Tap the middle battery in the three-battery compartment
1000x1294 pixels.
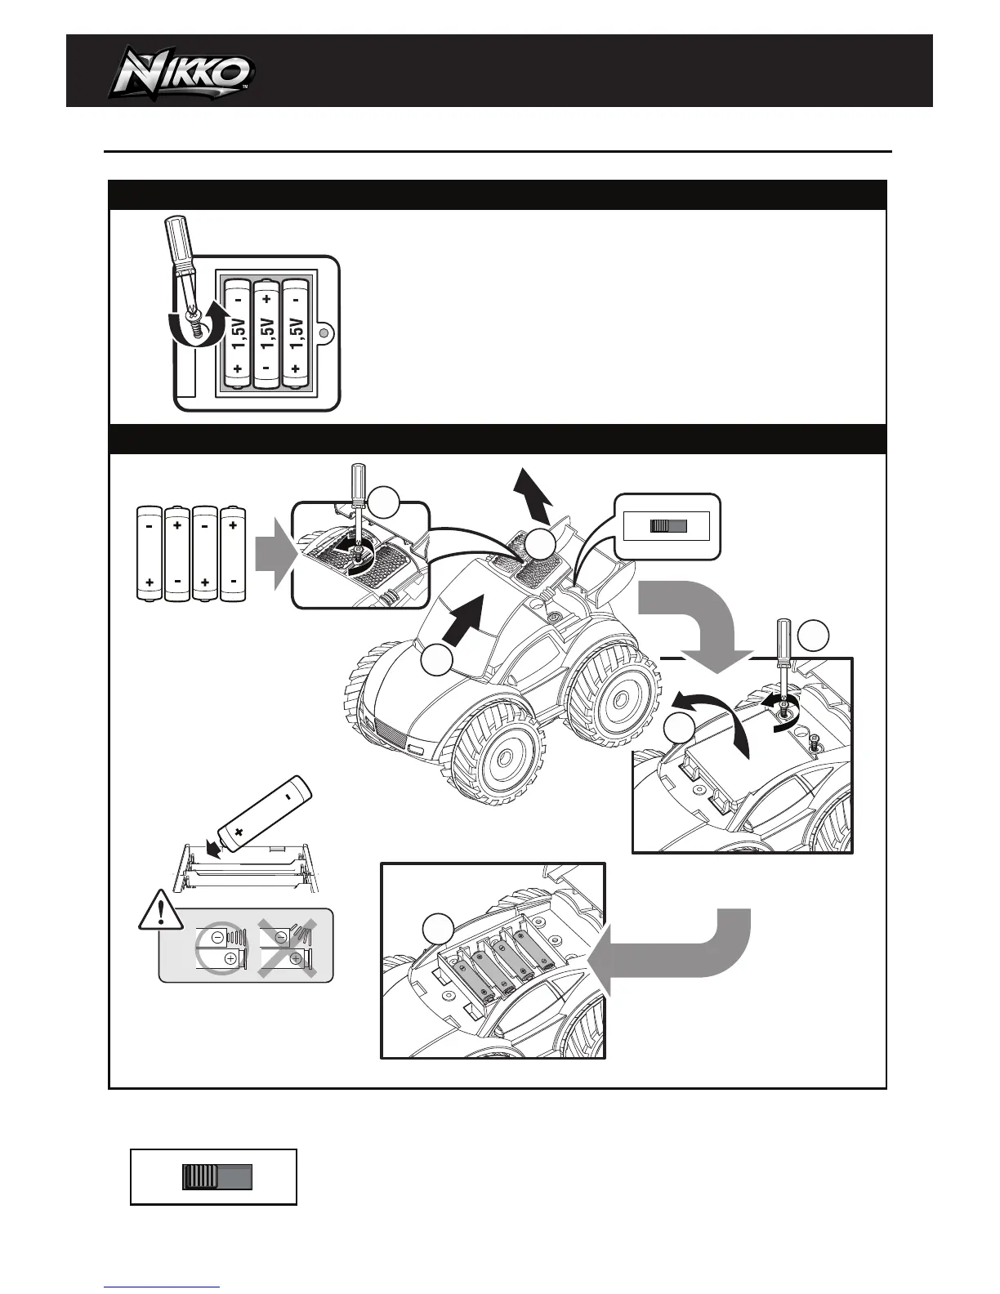click(x=266, y=335)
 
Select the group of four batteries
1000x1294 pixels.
click(x=191, y=553)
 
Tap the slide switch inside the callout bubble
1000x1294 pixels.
click(x=667, y=527)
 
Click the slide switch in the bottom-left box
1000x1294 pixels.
click(x=217, y=1177)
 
